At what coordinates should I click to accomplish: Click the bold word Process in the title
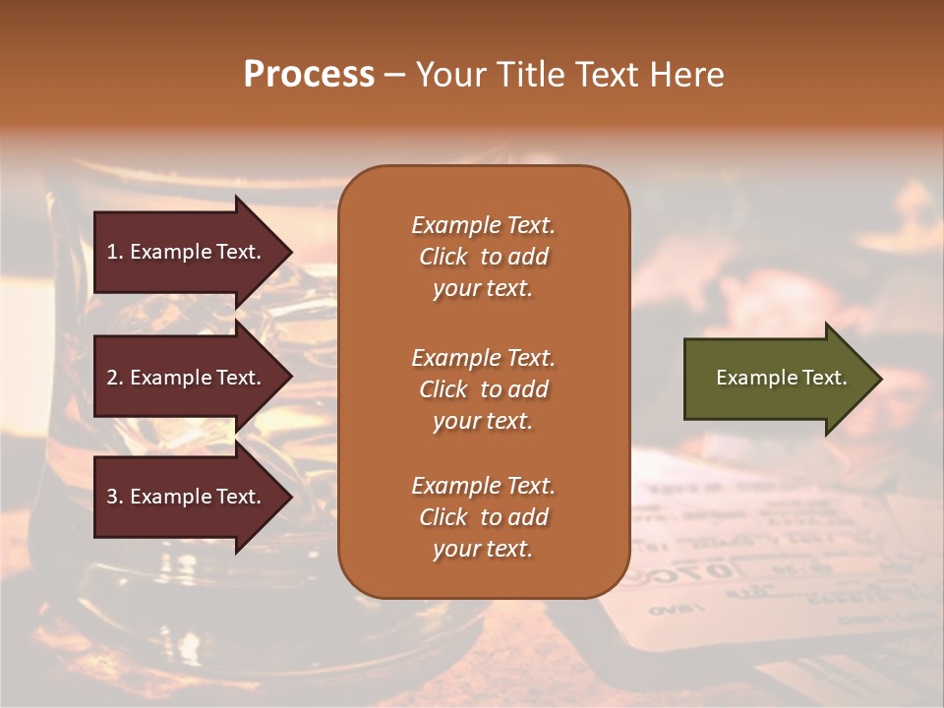click(309, 75)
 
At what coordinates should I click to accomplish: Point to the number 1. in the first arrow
click(115, 252)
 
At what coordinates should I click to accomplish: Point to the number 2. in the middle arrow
click(115, 378)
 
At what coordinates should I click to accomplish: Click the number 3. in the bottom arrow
click(115, 497)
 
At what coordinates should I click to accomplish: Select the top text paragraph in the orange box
click(483, 257)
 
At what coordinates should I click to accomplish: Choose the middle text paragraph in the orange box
click(483, 389)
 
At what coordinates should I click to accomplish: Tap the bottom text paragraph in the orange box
click(483, 517)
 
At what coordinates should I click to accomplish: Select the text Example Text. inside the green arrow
click(782, 378)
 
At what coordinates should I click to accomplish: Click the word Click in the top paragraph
click(442, 257)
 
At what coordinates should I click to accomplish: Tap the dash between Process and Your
click(394, 75)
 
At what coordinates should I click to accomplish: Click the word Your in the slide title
click(453, 75)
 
